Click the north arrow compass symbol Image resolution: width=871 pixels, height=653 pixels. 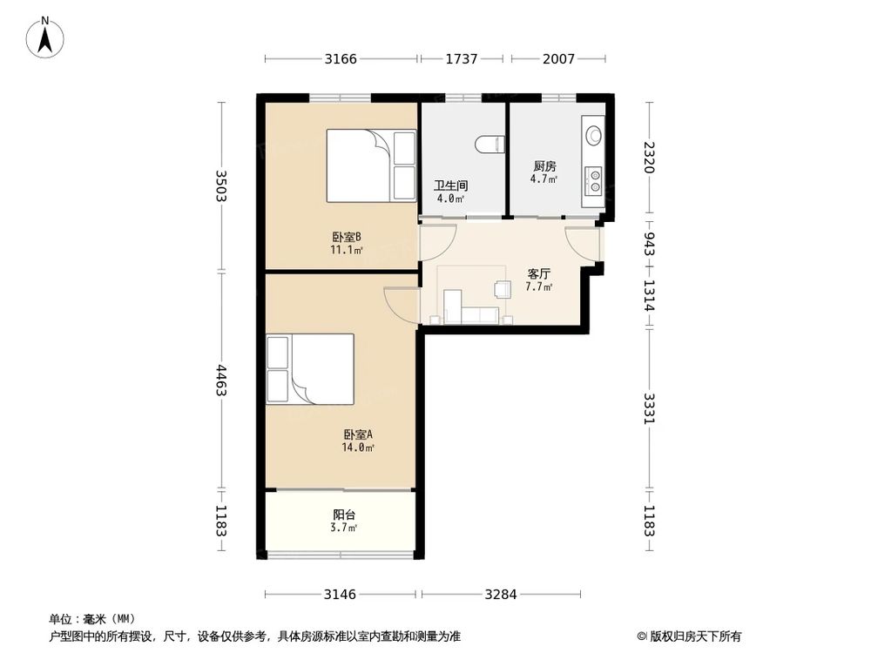pyautogui.click(x=45, y=37)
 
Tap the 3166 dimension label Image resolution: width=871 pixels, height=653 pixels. pyautogui.click(x=341, y=58)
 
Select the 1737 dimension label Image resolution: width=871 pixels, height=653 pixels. pyautogui.click(x=462, y=58)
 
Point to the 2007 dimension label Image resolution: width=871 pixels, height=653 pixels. pyautogui.click(x=559, y=58)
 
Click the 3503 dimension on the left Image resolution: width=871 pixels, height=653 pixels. pyautogui.click(x=221, y=185)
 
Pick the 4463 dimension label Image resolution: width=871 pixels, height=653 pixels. pyautogui.click(x=221, y=380)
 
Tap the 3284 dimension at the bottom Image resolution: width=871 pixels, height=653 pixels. pyautogui.click(x=501, y=595)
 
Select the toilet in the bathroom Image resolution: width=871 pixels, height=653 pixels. pyautogui.click(x=490, y=144)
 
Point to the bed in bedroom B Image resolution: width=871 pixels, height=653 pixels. pyautogui.click(x=371, y=165)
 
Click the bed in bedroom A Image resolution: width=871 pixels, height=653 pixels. pyautogui.click(x=310, y=368)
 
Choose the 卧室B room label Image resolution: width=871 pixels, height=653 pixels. pyautogui.click(x=348, y=237)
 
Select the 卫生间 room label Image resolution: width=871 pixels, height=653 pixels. pyautogui.click(x=451, y=185)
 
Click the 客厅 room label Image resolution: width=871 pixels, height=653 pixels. pyautogui.click(x=539, y=273)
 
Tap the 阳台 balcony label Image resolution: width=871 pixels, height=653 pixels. pyautogui.click(x=344, y=515)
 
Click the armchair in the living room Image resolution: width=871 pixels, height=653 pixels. pyautogui.click(x=503, y=289)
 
